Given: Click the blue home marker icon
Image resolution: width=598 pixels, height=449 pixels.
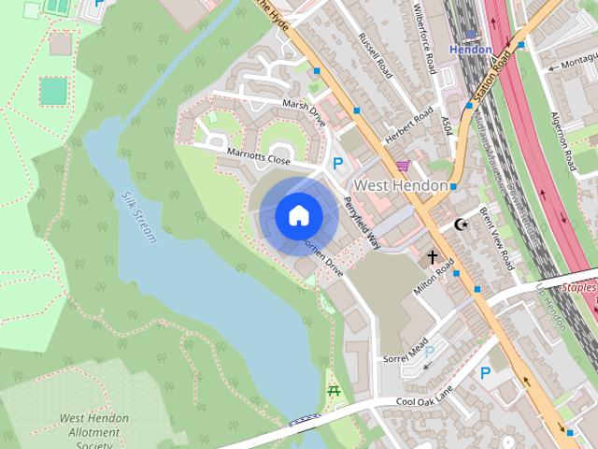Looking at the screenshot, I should [x=298, y=215].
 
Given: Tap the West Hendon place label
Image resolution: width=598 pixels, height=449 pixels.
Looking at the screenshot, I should [x=401, y=185].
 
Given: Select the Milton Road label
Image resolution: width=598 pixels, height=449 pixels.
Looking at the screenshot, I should [x=433, y=280].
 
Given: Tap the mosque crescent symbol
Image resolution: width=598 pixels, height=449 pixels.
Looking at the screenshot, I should [x=460, y=224].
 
